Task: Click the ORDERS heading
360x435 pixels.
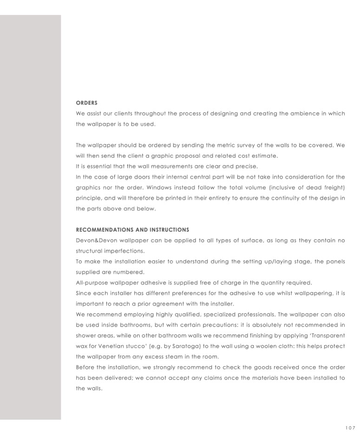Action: point(86,103)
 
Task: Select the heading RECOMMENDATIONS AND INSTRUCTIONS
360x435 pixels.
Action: point(132,230)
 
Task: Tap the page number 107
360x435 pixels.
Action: point(350,428)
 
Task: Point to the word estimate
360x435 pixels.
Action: point(264,156)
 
